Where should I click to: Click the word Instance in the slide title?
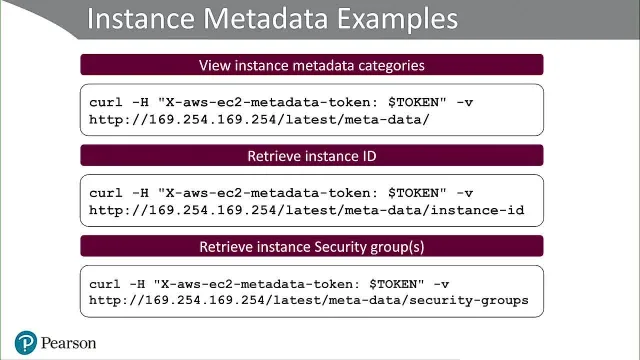[x=141, y=18]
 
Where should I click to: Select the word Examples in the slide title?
[x=398, y=19]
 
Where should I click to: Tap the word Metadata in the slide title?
[x=266, y=18]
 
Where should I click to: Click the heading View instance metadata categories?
[x=312, y=65]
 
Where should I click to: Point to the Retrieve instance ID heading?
[x=312, y=156]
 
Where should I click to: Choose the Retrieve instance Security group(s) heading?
[x=312, y=247]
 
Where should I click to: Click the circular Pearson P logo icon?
[x=26, y=342]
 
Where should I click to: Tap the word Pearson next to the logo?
[x=69, y=343]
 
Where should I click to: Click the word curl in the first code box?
[x=106, y=102]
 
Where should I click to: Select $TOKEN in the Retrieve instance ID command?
[x=417, y=193]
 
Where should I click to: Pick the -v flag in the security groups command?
[x=441, y=284]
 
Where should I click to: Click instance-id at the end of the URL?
[x=478, y=210]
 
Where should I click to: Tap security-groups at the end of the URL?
[x=469, y=300]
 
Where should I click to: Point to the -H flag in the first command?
[x=140, y=102]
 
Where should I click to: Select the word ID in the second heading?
[x=369, y=156]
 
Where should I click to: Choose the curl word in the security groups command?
[x=104, y=284]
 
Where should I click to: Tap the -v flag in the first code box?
[x=464, y=102]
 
